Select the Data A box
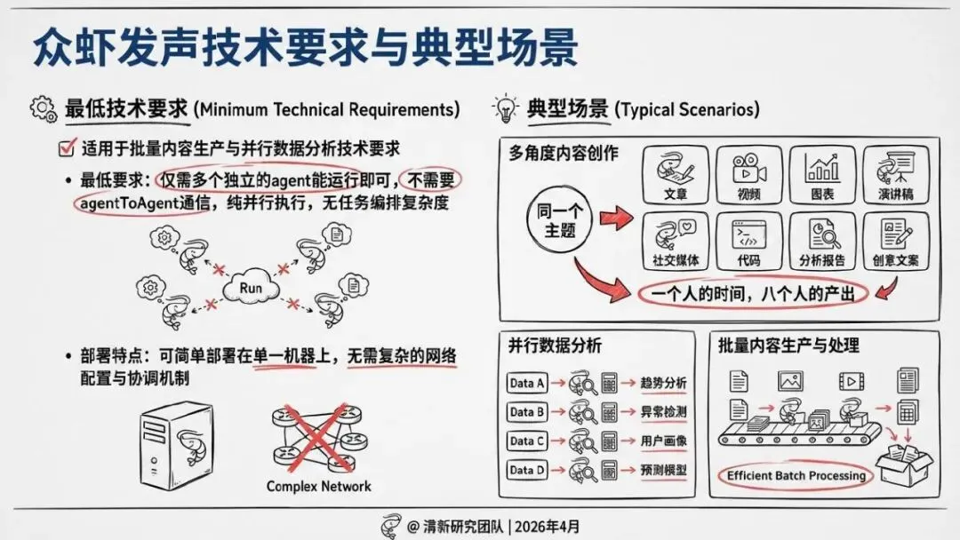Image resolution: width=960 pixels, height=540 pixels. tap(526, 383)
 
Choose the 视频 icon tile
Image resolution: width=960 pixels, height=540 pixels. tap(748, 176)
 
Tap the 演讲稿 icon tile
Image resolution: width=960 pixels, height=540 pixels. tap(896, 176)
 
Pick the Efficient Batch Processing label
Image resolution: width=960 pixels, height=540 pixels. tap(796, 475)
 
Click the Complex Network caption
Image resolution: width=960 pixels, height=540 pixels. tap(318, 486)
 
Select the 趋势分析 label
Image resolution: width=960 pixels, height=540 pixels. tap(663, 383)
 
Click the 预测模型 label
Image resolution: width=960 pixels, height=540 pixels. tap(663, 468)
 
